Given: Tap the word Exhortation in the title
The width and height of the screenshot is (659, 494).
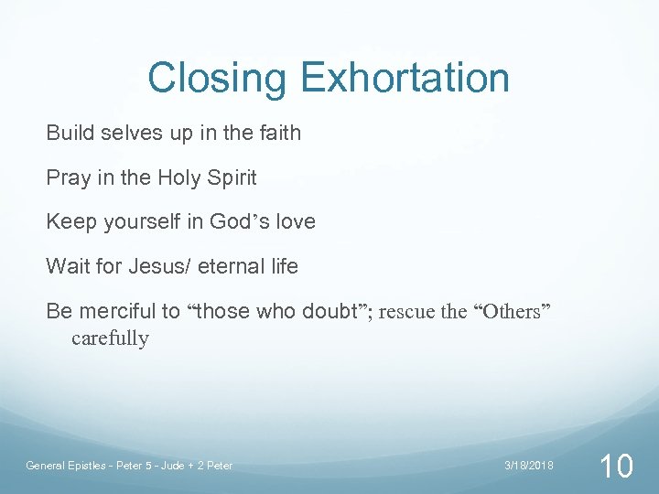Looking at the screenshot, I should point(405,78).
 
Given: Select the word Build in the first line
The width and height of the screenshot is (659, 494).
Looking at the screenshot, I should point(70,133).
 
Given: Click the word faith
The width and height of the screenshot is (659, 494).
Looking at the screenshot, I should point(279,133).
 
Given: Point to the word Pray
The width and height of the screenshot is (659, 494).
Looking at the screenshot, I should point(67,177).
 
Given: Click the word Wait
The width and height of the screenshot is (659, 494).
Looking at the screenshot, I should point(67,266).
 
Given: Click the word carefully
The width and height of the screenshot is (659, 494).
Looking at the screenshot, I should point(110,338).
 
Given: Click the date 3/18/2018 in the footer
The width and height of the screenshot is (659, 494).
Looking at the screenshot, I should point(528,466).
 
